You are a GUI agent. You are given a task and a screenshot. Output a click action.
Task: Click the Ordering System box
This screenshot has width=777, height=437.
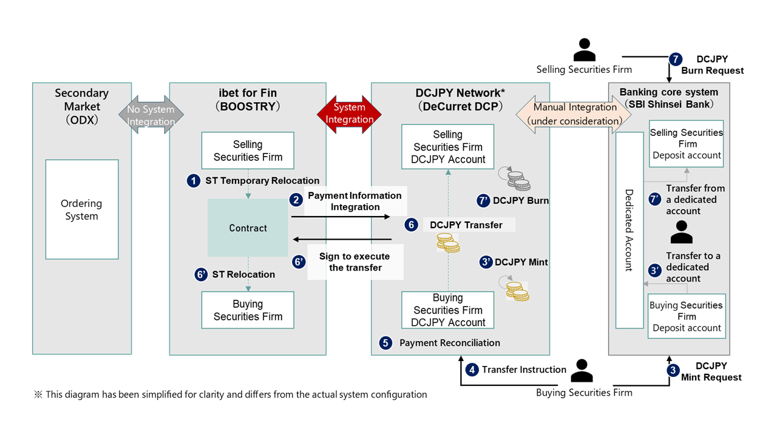(x=82, y=209)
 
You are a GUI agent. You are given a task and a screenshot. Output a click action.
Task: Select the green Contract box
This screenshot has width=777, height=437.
(x=248, y=228)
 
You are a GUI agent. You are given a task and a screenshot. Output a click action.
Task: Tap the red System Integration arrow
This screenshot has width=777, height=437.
(x=350, y=113)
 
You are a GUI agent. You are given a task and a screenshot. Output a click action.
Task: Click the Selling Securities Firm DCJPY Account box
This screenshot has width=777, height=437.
(x=448, y=147)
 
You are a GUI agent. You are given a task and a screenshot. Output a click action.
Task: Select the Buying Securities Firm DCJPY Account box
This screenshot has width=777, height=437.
(x=448, y=310)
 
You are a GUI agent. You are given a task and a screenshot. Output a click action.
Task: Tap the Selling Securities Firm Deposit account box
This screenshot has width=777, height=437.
(x=687, y=144)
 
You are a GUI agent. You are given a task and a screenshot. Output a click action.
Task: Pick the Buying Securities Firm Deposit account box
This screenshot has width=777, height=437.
(x=687, y=316)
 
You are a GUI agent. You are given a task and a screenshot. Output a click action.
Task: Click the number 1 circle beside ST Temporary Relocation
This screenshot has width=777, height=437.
(x=194, y=181)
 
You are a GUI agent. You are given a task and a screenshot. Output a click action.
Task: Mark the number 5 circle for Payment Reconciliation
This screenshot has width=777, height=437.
(x=385, y=343)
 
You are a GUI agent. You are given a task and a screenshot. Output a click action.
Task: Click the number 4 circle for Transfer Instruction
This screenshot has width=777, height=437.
(x=472, y=369)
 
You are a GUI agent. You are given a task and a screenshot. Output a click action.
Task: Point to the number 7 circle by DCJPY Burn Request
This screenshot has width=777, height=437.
(x=676, y=59)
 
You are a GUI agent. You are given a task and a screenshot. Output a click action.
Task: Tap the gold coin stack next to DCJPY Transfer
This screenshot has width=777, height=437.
(x=448, y=243)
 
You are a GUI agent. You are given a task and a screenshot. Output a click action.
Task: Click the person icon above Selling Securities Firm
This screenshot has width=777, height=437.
(x=585, y=50)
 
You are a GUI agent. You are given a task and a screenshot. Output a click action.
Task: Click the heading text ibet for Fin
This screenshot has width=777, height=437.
(x=248, y=93)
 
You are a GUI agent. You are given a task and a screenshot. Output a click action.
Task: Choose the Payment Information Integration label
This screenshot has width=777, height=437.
(x=355, y=201)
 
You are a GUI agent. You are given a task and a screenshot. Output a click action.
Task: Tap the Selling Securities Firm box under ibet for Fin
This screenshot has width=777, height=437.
(x=248, y=151)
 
